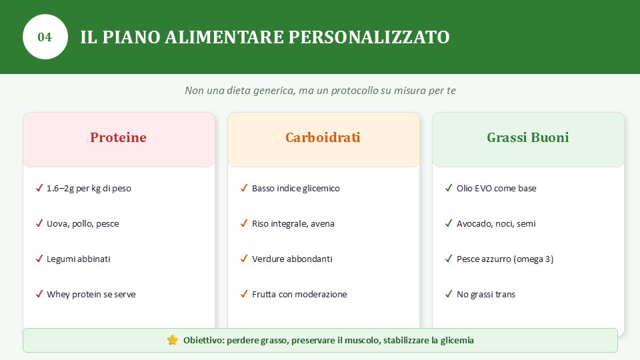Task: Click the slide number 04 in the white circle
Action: (x=45, y=37)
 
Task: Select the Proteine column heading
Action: (x=119, y=137)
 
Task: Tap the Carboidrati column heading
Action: (x=323, y=137)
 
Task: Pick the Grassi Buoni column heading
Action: (x=528, y=137)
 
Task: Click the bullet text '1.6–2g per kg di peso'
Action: (x=89, y=189)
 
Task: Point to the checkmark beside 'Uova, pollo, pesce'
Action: (x=39, y=223)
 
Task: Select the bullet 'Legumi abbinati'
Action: (x=79, y=259)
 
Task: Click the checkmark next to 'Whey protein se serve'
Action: (x=39, y=294)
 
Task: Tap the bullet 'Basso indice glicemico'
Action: (x=295, y=189)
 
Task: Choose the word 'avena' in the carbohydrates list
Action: (x=323, y=224)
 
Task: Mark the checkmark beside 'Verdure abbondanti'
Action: (x=244, y=259)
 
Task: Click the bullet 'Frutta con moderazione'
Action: (x=299, y=294)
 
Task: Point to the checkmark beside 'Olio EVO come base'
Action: (x=449, y=188)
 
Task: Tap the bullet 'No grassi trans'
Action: (x=486, y=294)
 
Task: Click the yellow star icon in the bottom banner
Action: (x=173, y=340)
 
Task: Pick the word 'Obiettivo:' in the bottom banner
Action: (x=204, y=341)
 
